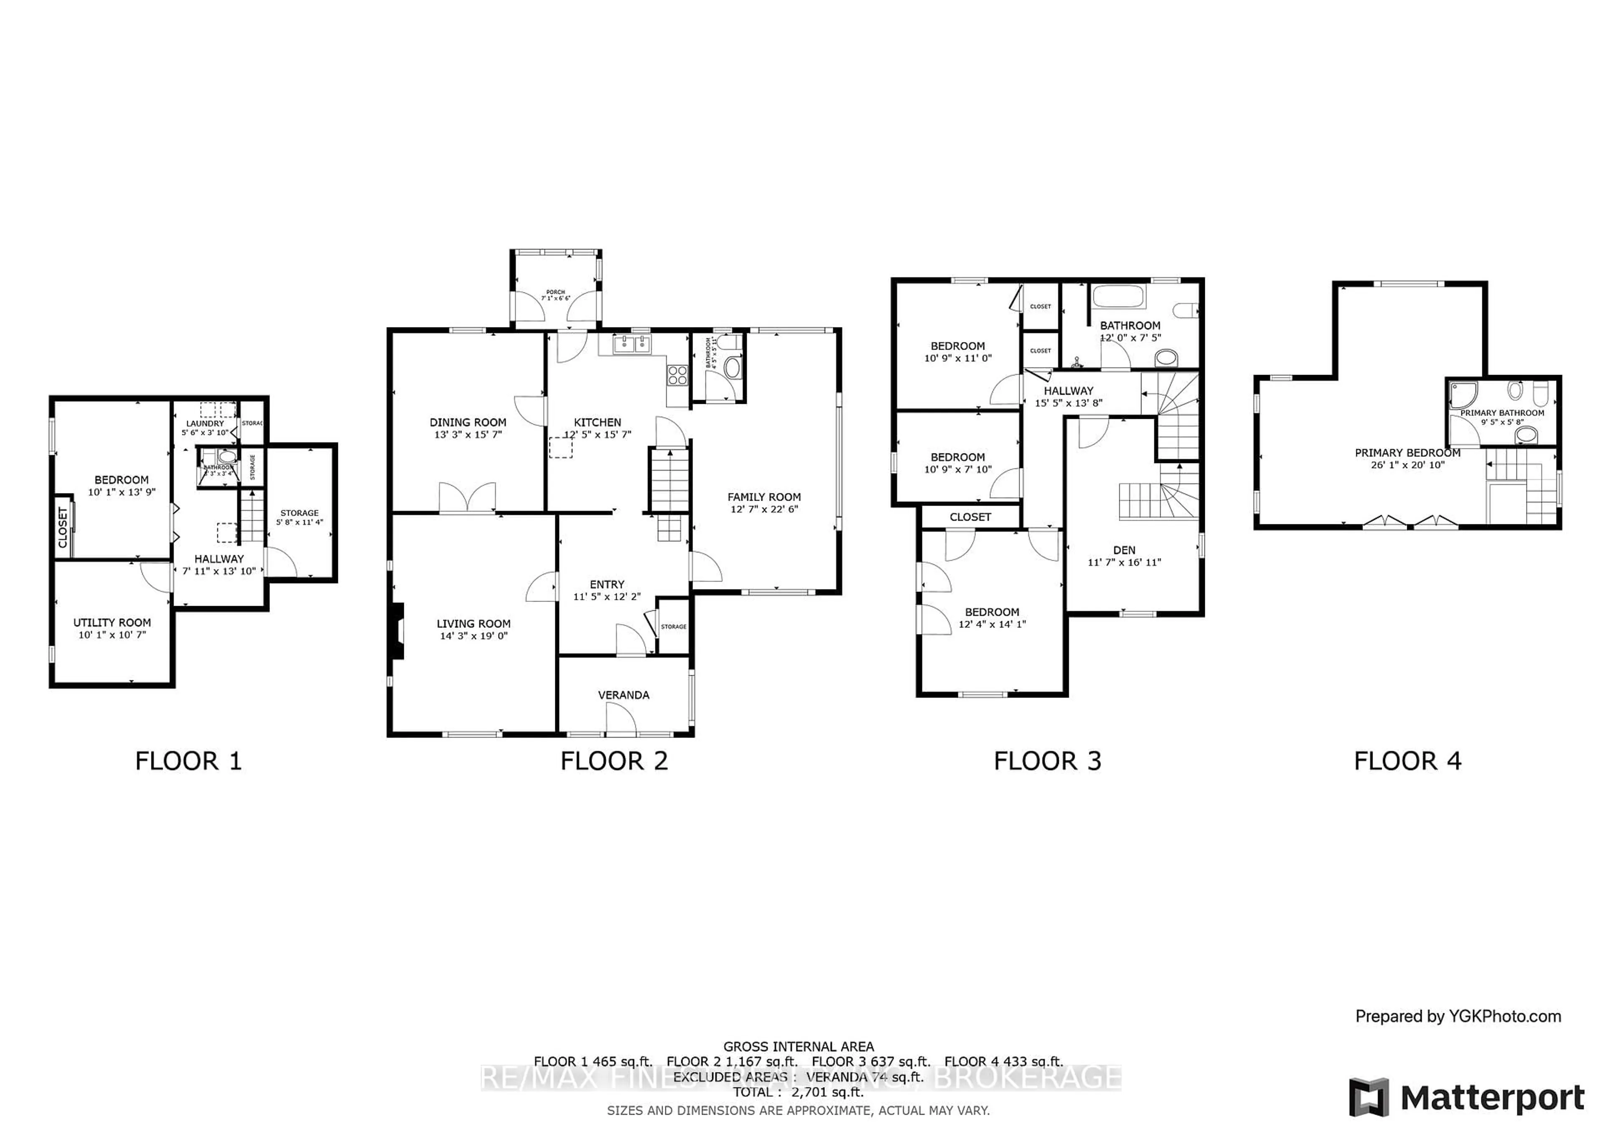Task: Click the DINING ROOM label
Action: point(468,422)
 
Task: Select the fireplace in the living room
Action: point(398,631)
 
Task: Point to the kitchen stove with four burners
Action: point(677,376)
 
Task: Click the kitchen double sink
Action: point(632,344)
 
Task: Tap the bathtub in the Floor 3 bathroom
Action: point(1118,297)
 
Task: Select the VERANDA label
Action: point(623,695)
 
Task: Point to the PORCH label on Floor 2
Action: point(555,292)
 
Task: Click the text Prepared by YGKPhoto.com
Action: point(1458,1017)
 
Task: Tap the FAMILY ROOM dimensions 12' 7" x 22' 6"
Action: point(764,509)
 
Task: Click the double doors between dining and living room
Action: point(468,498)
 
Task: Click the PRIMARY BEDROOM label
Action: point(1407,453)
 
